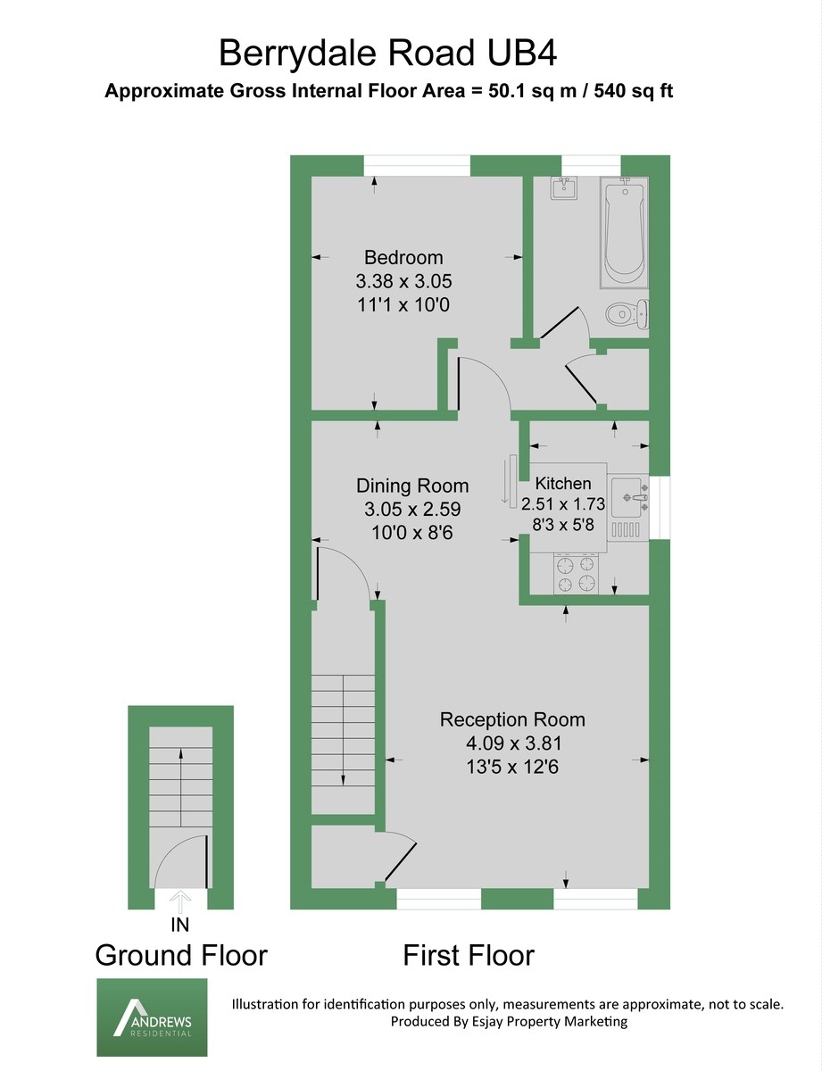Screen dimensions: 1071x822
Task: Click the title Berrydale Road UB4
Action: (x=388, y=53)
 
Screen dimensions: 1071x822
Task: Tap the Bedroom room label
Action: (x=403, y=258)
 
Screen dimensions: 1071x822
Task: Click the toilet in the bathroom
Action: (x=625, y=314)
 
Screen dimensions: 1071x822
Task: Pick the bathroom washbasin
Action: (x=564, y=189)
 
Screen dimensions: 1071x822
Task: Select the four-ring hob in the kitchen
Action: (x=576, y=574)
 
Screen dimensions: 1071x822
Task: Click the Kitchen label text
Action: (x=562, y=484)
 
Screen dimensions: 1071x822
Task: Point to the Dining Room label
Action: (x=412, y=486)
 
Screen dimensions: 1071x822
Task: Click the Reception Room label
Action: (x=512, y=719)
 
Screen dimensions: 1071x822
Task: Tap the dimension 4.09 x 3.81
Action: (x=512, y=743)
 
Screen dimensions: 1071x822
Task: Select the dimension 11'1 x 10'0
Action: (x=403, y=304)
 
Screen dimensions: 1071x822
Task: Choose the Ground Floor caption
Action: (x=181, y=955)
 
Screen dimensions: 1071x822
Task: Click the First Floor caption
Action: (x=469, y=955)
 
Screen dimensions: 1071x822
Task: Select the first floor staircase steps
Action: (x=344, y=732)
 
